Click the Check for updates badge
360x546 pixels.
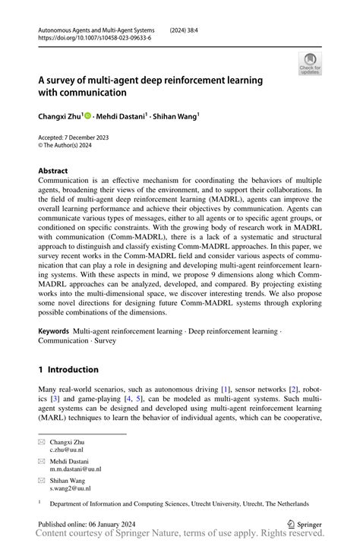[x=310, y=63]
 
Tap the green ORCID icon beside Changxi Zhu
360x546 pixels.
[x=87, y=117]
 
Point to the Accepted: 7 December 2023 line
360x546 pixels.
[x=74, y=137]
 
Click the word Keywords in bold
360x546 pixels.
[x=54, y=353]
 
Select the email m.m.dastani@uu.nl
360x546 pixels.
[x=76, y=469]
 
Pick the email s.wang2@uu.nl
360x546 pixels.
[x=71, y=488]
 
